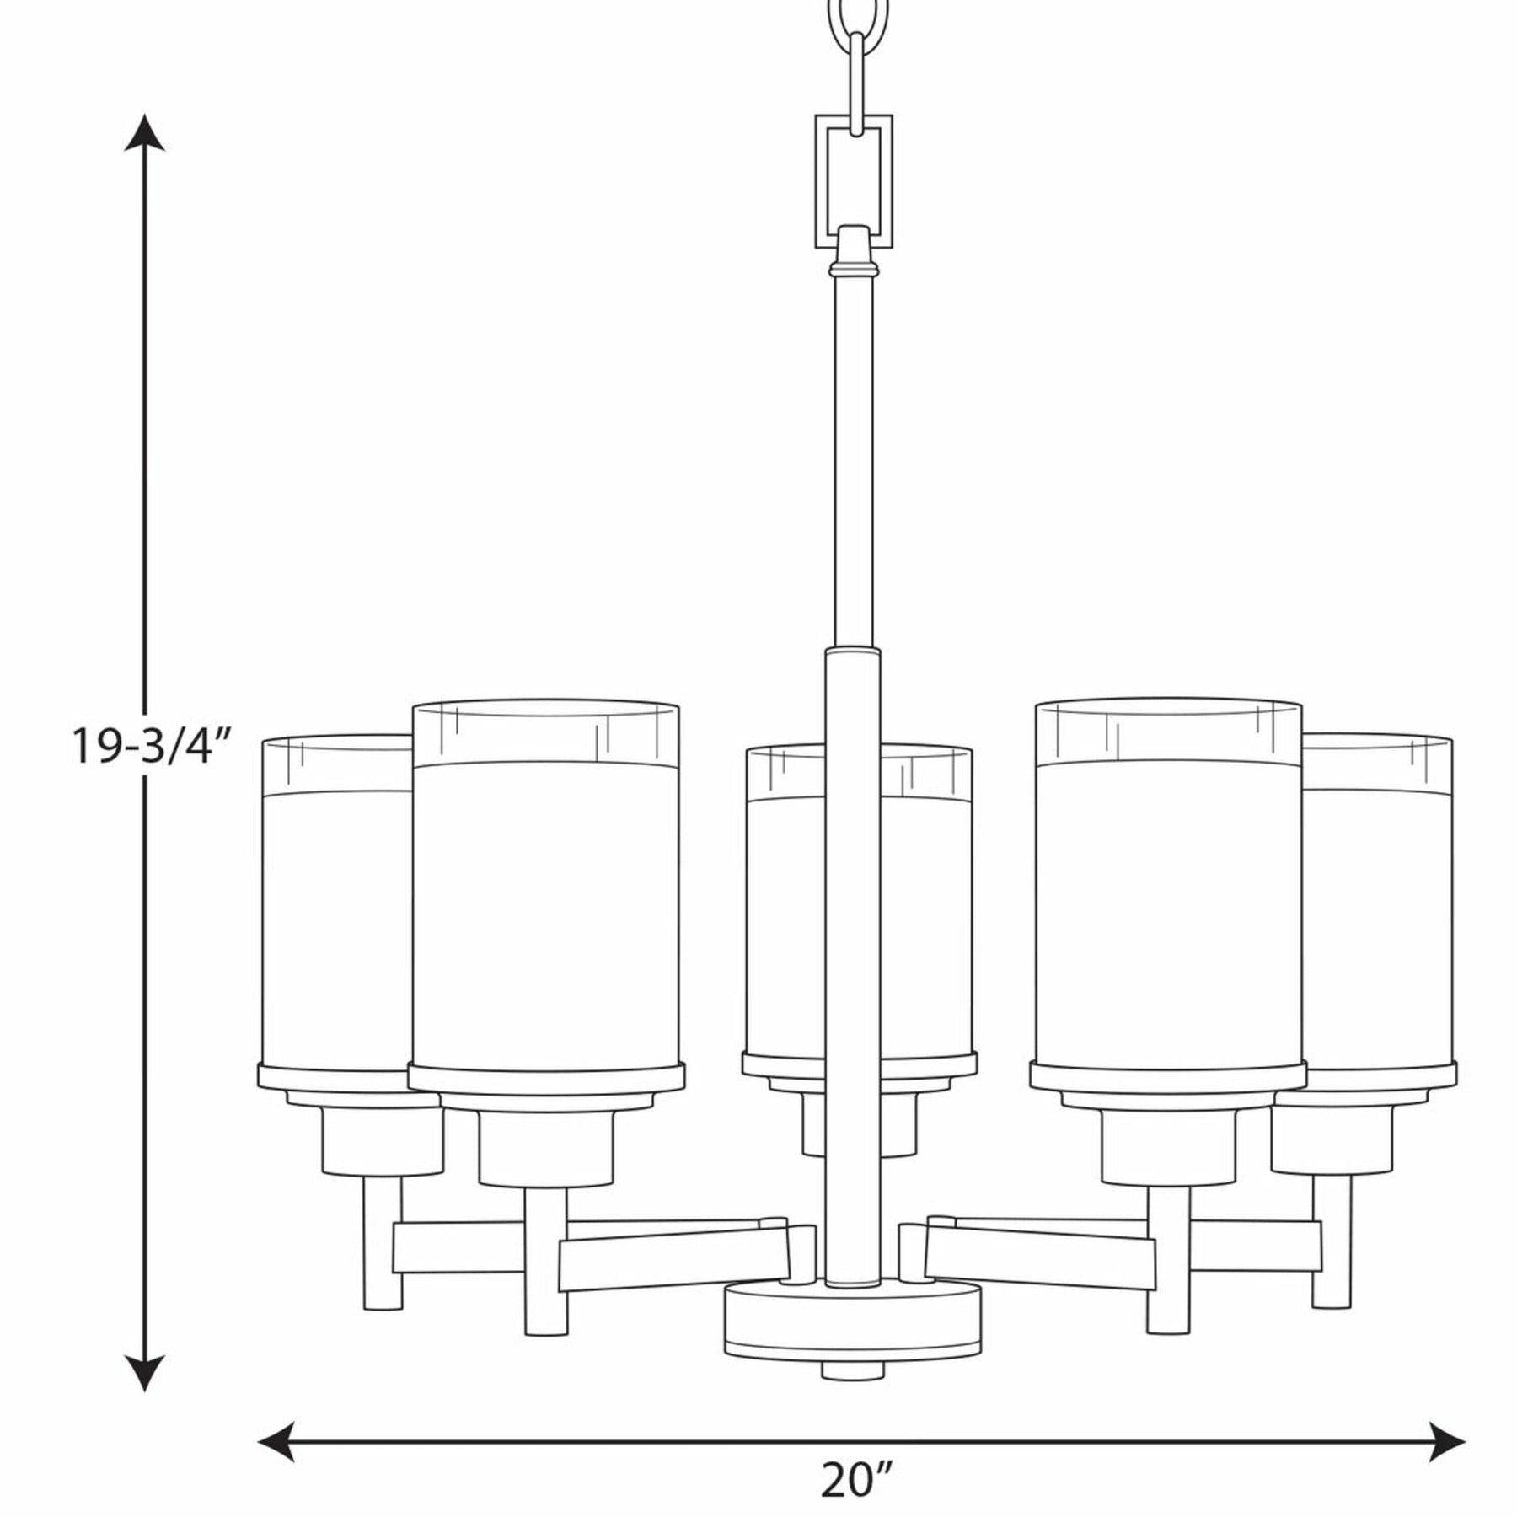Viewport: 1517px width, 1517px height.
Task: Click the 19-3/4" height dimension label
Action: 150,747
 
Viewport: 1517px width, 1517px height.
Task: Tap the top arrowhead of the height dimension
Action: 145,132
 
